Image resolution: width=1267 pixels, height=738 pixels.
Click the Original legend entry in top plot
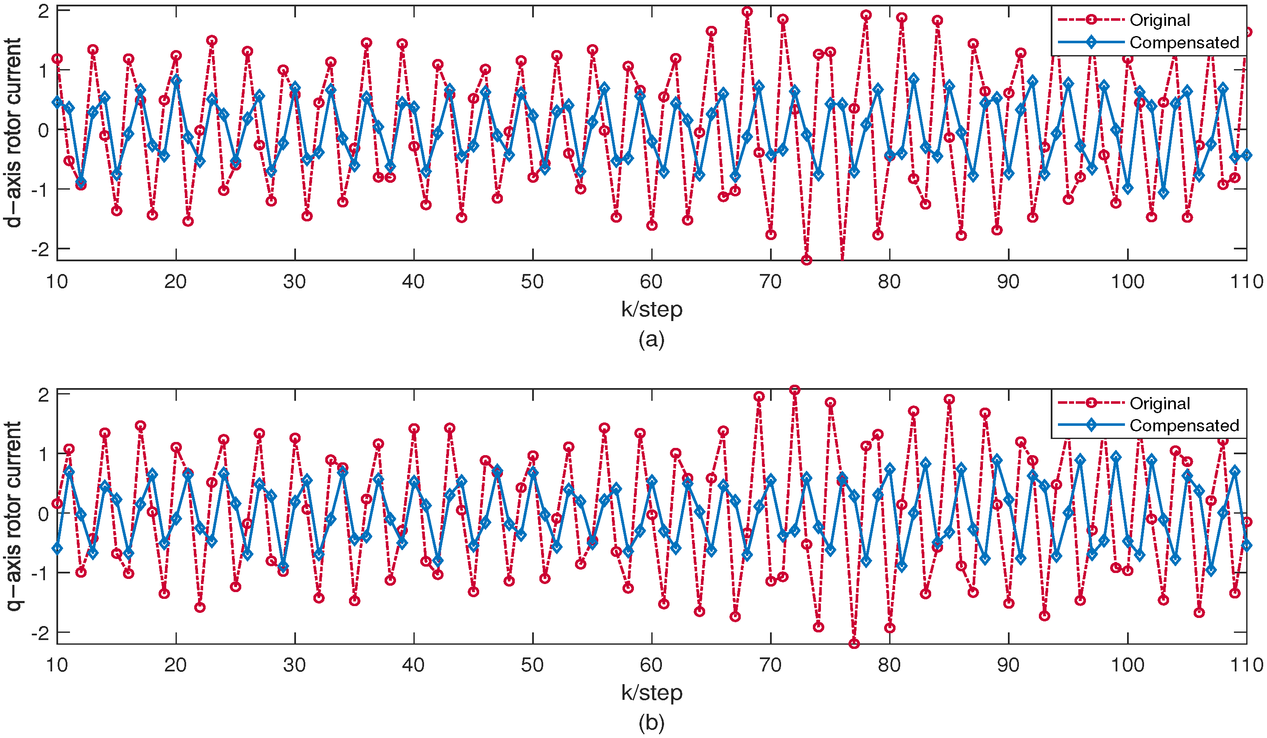1159,20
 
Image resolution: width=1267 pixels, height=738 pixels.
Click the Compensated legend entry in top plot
1183,43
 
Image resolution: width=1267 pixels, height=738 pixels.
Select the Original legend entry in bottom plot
1159,403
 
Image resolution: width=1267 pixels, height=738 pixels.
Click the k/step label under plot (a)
652,309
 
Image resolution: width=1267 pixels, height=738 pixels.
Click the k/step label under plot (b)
652,693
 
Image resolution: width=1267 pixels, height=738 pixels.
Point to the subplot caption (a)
652,340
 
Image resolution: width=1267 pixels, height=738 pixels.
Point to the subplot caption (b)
652,723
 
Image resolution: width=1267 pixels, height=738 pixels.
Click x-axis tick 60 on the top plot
652,282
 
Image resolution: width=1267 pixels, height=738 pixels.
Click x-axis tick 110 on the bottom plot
1246,665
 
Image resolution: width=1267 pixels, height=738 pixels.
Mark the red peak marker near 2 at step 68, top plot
747,11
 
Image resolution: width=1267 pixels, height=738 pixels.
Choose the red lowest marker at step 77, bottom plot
854,643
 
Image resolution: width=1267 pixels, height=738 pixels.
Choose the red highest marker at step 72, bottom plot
794,390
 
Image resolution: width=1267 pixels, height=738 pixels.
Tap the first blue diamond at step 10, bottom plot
57,548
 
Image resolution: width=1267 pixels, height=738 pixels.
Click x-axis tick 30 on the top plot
295,282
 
